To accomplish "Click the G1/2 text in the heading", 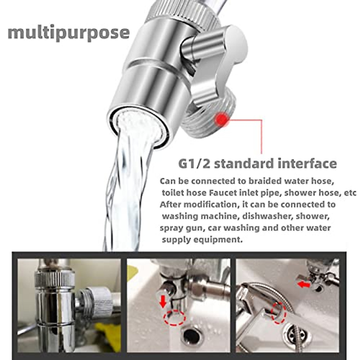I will (x=194, y=163).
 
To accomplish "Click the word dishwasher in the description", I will (x=264, y=216).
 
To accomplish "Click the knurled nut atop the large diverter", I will (x=180, y=12).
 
